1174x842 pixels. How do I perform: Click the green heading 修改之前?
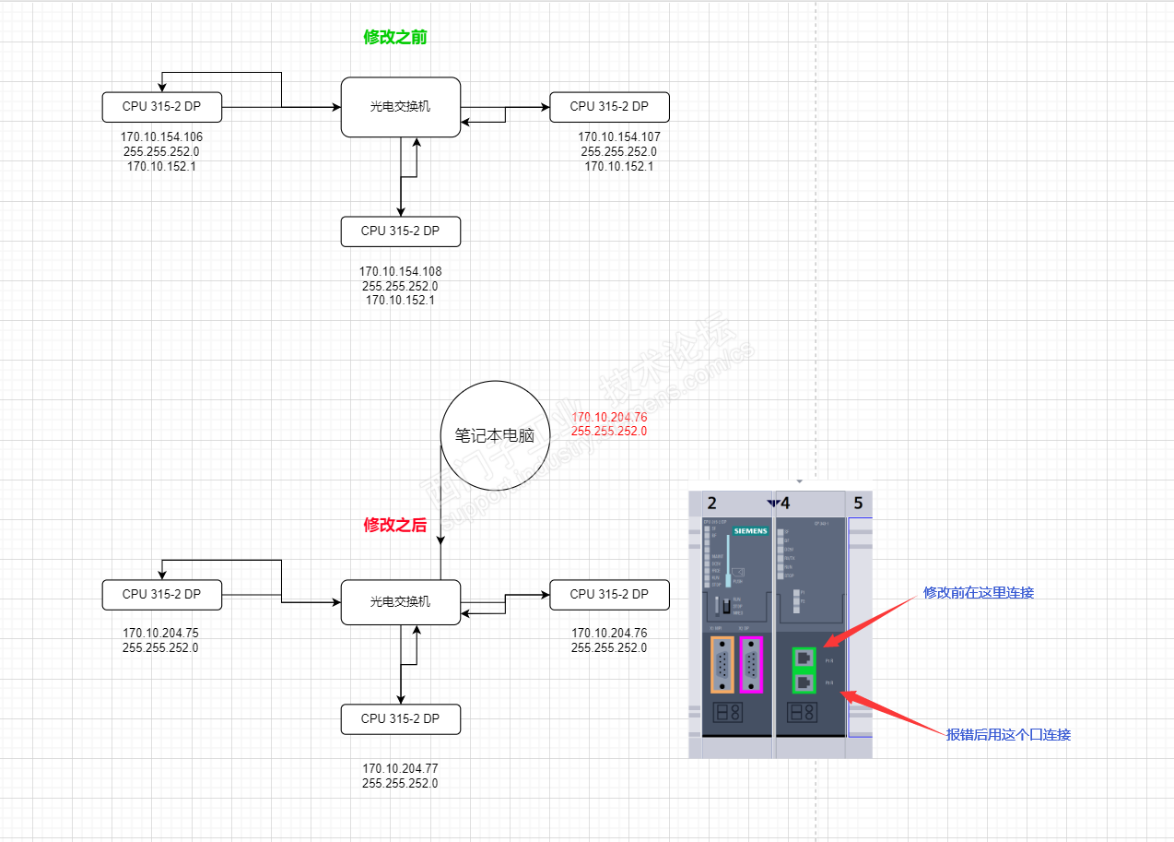tap(395, 38)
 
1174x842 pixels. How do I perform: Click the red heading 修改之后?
tap(395, 525)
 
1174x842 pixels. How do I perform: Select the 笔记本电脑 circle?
tap(495, 435)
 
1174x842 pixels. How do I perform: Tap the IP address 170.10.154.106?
tap(161, 136)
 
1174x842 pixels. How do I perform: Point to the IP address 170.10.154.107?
tap(618, 136)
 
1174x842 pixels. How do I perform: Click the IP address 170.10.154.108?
tap(400, 271)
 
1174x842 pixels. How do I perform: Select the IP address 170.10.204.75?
tap(160, 634)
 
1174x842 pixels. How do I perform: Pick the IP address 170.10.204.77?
tap(400, 768)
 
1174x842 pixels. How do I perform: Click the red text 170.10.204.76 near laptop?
tap(609, 417)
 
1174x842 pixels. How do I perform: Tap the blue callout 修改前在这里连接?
tap(979, 593)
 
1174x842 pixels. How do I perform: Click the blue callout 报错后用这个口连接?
tap(1008, 735)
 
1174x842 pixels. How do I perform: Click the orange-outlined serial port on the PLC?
tap(722, 664)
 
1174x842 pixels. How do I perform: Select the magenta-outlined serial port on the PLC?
tap(752, 664)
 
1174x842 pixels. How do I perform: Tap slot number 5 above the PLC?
tap(858, 504)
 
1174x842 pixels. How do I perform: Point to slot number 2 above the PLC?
tap(711, 504)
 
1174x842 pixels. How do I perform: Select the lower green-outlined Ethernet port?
tap(804, 683)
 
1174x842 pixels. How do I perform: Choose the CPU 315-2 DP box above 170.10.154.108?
tap(400, 231)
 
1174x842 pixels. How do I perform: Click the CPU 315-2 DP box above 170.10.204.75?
tap(161, 595)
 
